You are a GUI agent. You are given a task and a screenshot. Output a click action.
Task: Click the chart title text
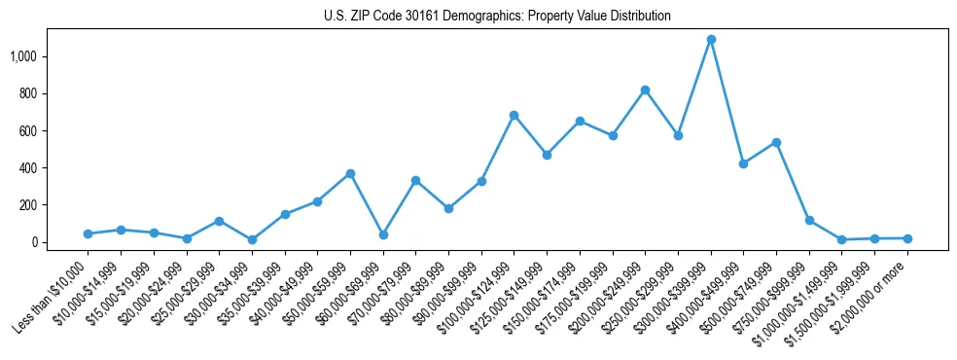click(x=497, y=16)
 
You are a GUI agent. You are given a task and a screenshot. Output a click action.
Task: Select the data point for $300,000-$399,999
click(x=711, y=40)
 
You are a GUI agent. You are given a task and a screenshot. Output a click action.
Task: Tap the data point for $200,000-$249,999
click(x=645, y=90)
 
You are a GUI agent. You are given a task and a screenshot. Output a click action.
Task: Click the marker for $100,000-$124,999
click(x=514, y=115)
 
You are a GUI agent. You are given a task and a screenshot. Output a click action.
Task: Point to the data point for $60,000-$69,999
click(x=383, y=234)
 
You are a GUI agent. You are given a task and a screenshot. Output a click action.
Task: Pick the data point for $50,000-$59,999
click(x=350, y=173)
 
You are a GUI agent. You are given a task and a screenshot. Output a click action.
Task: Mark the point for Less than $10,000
click(x=88, y=234)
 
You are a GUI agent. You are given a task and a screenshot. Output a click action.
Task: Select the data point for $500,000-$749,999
click(x=776, y=142)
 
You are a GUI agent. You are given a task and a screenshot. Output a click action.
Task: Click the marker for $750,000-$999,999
click(x=809, y=221)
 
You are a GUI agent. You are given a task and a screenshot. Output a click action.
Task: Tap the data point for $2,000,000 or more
click(x=907, y=238)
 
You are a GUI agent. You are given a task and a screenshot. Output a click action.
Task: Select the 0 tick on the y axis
click(x=43, y=242)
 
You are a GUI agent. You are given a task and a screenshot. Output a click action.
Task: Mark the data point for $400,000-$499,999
click(x=743, y=163)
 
